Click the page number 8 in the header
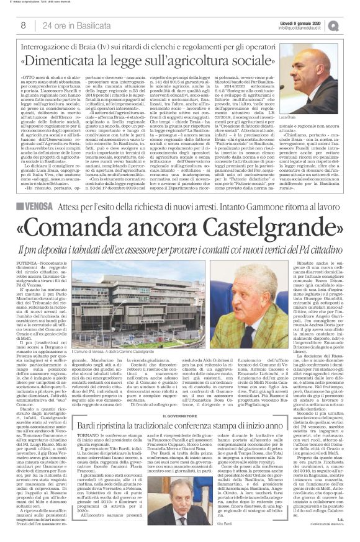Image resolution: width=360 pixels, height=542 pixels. (x=23, y=25)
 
